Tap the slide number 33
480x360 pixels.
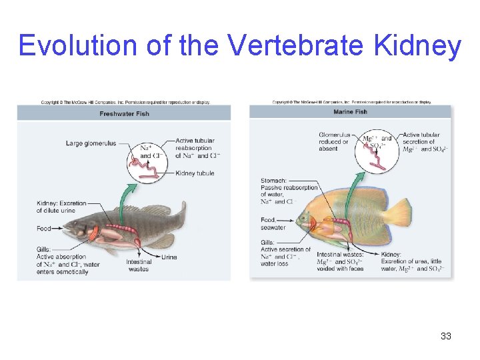[446, 336]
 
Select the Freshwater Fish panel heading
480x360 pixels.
[124, 113]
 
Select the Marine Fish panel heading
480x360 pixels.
[350, 111]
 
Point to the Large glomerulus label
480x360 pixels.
[91, 143]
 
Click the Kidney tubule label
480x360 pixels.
[195, 173]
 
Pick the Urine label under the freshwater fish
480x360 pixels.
[169, 257]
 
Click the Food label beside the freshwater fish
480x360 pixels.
[44, 229]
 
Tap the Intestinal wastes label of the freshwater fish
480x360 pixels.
[138, 265]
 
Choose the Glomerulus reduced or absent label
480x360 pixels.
[334, 141]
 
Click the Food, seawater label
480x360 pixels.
[273, 224]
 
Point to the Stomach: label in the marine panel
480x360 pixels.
[273, 181]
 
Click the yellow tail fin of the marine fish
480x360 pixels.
[399, 215]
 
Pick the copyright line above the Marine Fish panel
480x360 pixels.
[351, 102]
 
